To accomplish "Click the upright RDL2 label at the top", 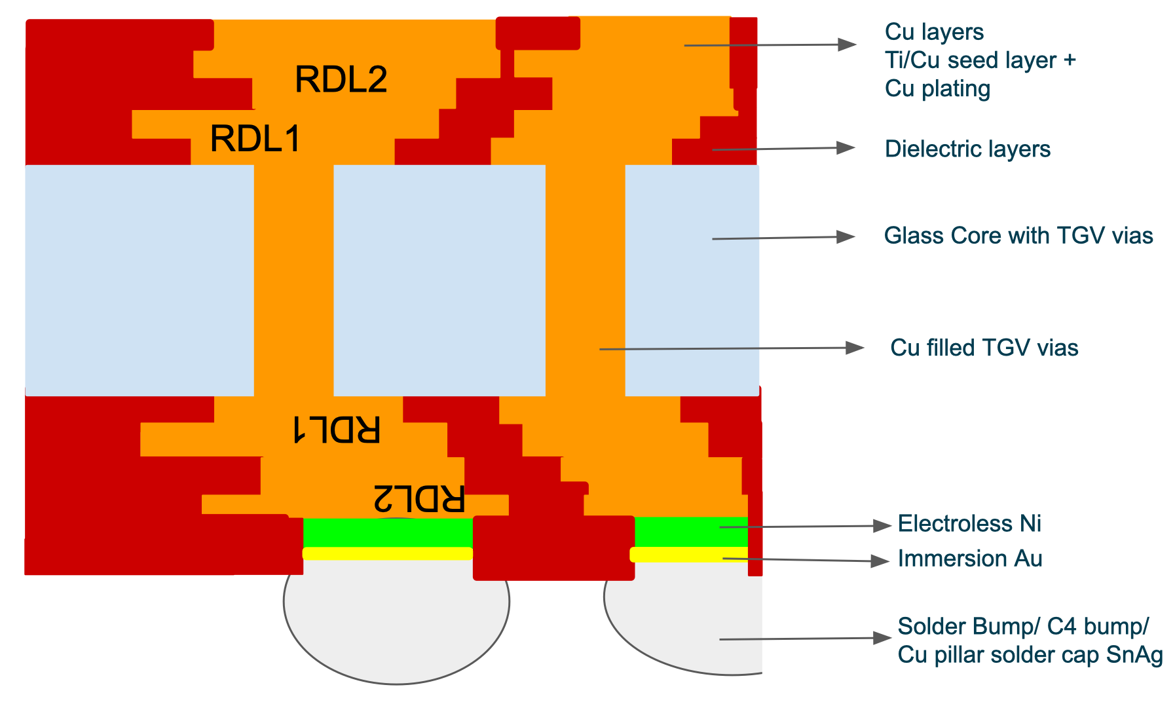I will (341, 79).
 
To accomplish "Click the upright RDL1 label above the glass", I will (255, 139).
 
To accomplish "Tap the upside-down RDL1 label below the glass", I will (336, 430).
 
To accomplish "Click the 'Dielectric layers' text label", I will (967, 149).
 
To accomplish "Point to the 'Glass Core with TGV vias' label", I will (1018, 236).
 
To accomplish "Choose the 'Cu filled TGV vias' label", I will (984, 348).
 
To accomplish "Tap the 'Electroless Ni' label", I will (969, 524).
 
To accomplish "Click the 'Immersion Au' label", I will (969, 559).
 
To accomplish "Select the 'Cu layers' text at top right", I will (934, 32).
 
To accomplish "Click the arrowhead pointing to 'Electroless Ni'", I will (883, 525).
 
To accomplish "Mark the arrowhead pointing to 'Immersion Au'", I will (880, 561).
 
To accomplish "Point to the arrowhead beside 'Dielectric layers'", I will (846, 148).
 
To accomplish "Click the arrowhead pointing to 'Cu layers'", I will (848, 45).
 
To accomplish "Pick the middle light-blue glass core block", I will (439, 280).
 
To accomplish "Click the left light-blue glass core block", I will (140, 280).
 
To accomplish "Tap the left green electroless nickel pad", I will (388, 532).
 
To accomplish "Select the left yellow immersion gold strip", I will (388, 553).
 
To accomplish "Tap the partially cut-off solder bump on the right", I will (694, 622).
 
